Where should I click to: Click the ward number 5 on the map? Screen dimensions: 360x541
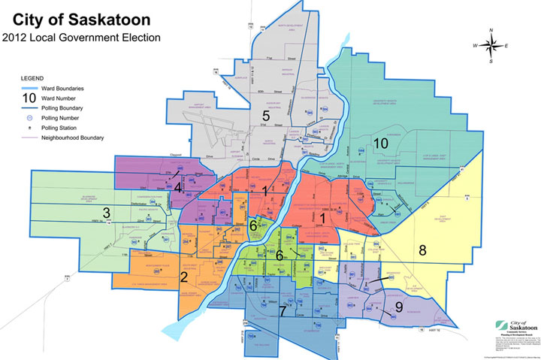coord(265,116)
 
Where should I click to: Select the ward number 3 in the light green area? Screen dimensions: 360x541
coord(107,212)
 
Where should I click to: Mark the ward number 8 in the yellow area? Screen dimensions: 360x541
coord(422,250)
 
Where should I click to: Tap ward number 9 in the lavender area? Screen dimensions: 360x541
coord(397,307)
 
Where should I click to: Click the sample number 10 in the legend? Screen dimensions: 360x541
coord(29,98)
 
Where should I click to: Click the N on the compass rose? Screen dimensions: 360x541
coord(490,31)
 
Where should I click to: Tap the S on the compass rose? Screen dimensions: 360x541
coord(491,61)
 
